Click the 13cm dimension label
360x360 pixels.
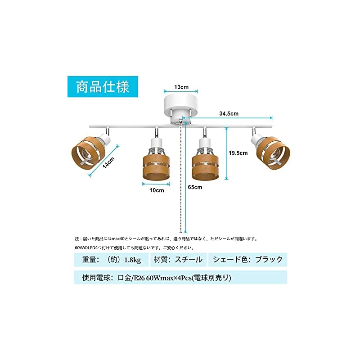tap(181, 87)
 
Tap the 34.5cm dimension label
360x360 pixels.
tap(229, 114)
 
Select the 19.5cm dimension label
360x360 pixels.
tap(238, 153)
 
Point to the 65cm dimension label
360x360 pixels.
tap(195, 187)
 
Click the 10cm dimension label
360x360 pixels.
tap(157, 190)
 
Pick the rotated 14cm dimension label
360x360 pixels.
tap(108, 163)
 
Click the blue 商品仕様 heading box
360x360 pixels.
tap(103, 87)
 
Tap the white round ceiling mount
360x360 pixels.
tap(181, 108)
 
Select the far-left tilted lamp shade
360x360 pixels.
tap(89, 152)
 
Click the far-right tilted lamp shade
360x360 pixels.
tap(273, 152)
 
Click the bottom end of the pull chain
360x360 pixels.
tap(181, 232)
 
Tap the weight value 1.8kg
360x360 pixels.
tap(132, 260)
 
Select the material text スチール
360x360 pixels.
tap(189, 260)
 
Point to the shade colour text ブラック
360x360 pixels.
tap(269, 260)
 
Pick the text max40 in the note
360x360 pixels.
tap(118, 239)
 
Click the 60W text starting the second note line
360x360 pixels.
tap(78, 248)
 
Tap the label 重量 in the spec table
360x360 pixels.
tap(89, 260)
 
